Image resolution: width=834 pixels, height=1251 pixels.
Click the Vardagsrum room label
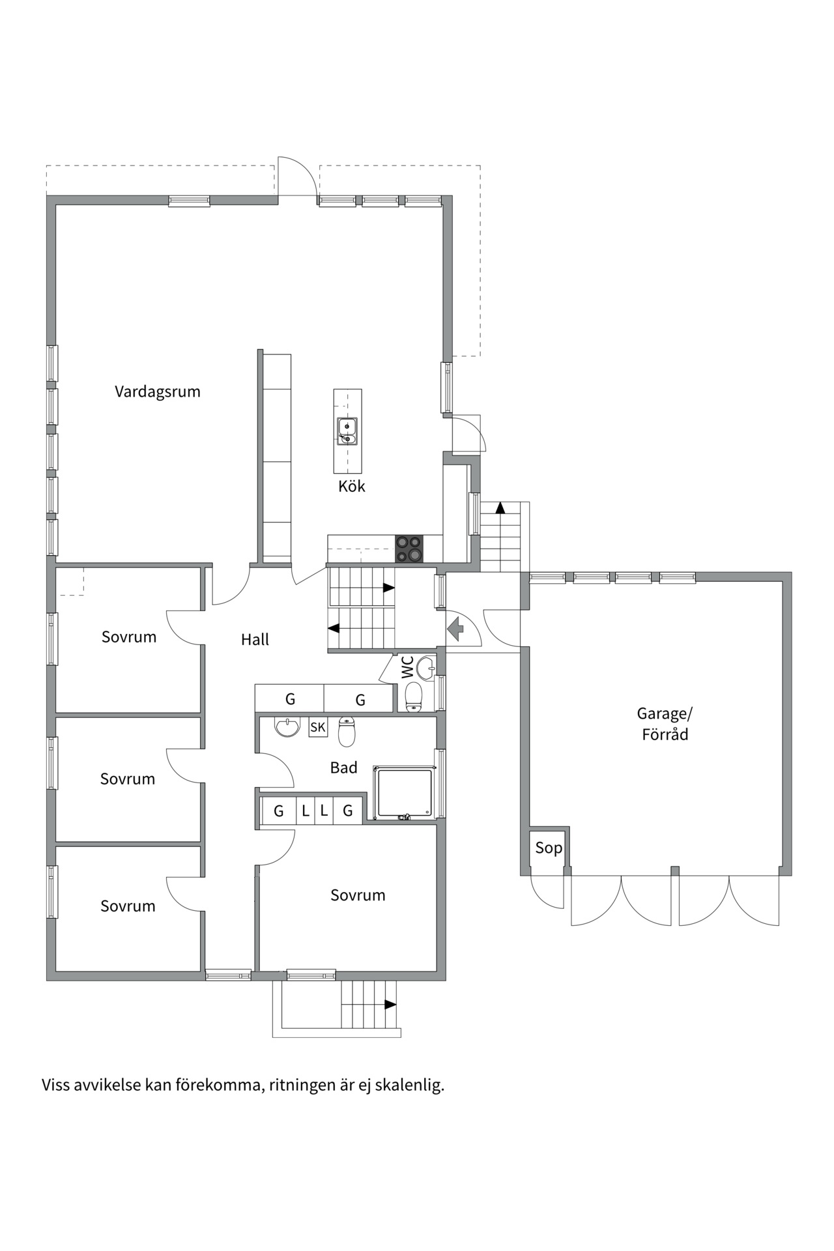(158, 392)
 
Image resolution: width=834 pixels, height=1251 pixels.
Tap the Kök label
(351, 486)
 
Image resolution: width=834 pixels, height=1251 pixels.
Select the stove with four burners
(409, 549)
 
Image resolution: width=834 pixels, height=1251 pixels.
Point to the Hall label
(255, 640)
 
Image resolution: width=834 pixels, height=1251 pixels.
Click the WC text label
(407, 668)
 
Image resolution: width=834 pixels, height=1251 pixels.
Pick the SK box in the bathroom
(318, 727)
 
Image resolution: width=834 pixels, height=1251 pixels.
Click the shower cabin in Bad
(404, 792)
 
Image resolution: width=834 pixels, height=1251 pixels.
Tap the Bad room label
(343, 768)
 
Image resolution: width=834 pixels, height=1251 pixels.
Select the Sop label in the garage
(549, 848)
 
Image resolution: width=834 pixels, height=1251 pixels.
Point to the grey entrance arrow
(455, 629)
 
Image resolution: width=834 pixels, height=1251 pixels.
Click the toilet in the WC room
(414, 697)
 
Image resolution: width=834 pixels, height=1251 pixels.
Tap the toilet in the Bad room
(347, 732)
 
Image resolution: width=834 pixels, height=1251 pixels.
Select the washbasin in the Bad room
(287, 726)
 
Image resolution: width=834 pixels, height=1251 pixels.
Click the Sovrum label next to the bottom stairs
(358, 895)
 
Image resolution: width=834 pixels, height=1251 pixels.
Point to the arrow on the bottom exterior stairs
(390, 1004)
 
